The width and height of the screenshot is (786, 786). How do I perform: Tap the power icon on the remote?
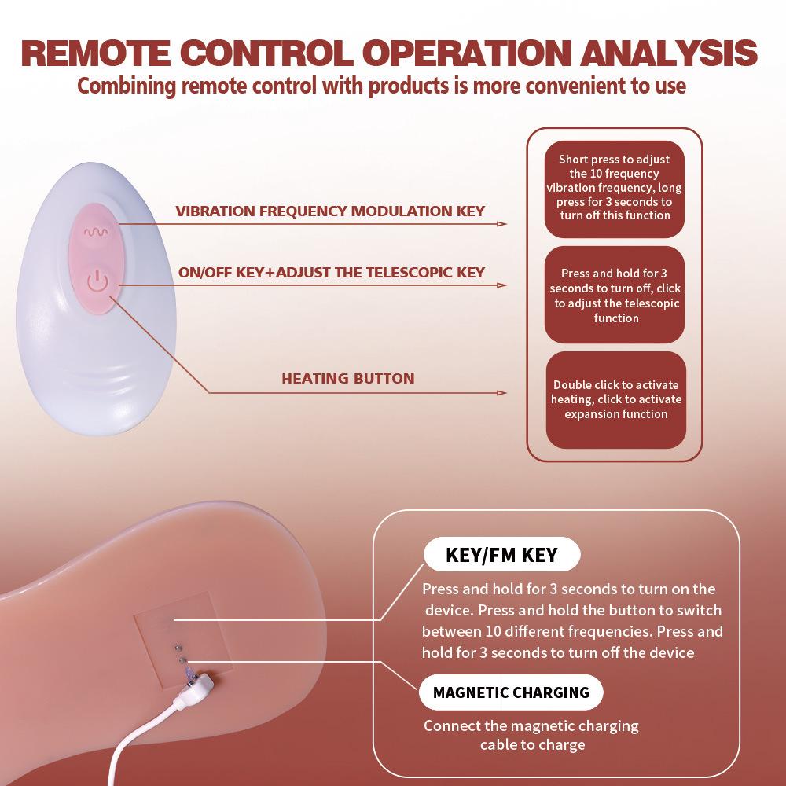coord(96,281)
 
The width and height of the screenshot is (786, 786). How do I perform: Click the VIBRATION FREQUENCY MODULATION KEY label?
coord(330,211)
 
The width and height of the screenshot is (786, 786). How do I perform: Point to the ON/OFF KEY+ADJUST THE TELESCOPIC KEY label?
coord(332,273)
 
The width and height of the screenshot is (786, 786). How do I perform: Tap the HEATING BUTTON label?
coord(347,379)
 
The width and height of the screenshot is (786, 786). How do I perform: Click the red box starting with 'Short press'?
coord(615,187)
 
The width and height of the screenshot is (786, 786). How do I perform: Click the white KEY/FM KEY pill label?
coord(501,555)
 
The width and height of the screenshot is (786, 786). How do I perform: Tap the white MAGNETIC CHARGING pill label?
coord(511,692)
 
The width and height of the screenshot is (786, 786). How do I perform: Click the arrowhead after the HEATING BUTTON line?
coord(501,393)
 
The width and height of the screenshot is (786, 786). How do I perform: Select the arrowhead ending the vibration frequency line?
coord(501,224)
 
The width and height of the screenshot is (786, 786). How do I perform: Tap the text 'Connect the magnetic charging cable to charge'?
coord(531,735)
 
